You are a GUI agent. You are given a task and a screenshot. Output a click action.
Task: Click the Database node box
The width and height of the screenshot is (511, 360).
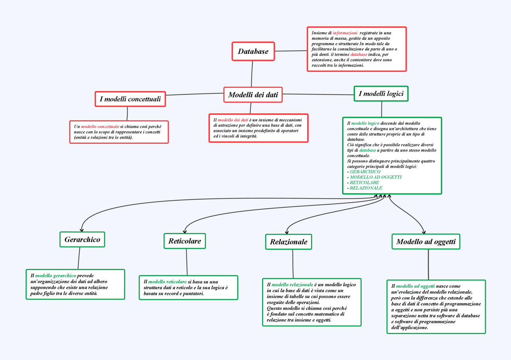click(253, 51)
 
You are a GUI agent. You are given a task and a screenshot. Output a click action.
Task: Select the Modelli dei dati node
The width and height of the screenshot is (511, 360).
click(253, 95)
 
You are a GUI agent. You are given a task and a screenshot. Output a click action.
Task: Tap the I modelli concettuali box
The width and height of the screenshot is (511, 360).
click(130, 99)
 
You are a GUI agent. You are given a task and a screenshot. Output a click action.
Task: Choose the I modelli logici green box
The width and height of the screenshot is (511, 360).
click(381, 94)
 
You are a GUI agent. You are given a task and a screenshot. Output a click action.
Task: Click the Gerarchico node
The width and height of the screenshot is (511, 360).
click(82, 240)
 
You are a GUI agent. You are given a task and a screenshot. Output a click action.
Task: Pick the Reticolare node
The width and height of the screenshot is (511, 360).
click(184, 241)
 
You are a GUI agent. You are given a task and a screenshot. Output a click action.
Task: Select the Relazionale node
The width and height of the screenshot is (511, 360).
click(288, 242)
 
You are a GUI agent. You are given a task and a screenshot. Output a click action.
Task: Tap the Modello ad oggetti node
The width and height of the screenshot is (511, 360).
click(426, 242)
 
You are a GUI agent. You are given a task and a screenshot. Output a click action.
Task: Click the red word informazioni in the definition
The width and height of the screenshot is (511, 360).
click(345, 33)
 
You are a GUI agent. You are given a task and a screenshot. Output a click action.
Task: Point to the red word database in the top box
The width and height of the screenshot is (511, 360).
click(358, 54)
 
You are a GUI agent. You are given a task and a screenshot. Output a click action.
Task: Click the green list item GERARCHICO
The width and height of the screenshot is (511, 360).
click(365, 172)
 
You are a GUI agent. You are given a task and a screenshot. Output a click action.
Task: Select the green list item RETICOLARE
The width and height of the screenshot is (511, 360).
click(364, 183)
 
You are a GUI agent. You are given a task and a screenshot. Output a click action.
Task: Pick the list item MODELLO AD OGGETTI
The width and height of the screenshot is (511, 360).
click(376, 177)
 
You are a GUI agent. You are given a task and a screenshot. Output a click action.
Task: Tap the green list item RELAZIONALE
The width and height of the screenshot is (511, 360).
click(366, 188)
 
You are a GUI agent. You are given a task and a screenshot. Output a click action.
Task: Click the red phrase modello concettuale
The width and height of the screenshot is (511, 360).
click(100, 127)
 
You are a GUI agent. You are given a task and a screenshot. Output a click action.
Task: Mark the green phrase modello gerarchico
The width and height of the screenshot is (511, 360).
click(55, 276)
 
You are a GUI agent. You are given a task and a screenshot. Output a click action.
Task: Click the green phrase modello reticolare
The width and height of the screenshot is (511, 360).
click(167, 282)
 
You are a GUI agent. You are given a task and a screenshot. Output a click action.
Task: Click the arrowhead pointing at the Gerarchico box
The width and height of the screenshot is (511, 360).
click(82, 230)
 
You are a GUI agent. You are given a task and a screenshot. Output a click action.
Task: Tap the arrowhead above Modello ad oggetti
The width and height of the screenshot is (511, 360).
click(424, 232)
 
